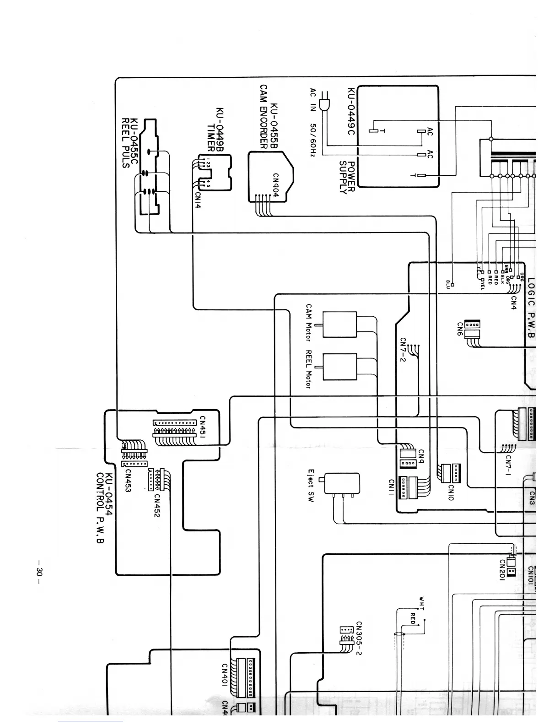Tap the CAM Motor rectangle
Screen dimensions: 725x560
[339, 325]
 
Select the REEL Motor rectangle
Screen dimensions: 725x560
[339, 367]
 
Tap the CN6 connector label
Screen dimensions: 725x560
[460, 329]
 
